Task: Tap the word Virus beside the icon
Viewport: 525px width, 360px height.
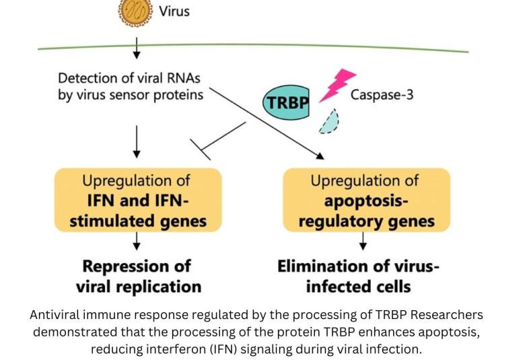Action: point(174,11)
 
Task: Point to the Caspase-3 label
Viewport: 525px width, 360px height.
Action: point(382,94)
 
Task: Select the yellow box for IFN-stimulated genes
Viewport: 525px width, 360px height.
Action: point(137,200)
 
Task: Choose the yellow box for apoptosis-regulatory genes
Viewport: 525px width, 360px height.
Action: point(366,200)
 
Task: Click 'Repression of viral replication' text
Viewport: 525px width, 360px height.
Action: point(137,276)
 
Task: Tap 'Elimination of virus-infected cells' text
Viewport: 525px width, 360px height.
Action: point(359,276)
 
